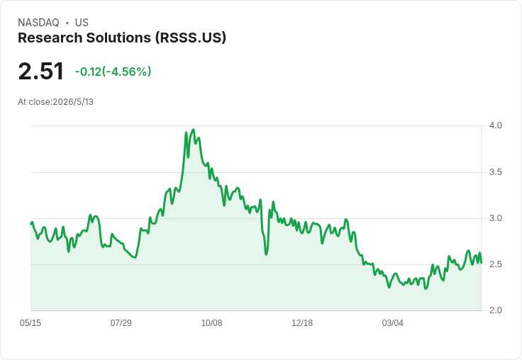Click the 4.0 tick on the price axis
[x=495, y=125]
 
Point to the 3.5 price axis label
[x=495, y=172]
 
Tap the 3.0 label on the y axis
[x=495, y=218]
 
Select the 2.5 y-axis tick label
[x=495, y=264]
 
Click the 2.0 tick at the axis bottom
[x=495, y=310]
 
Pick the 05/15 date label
[x=30, y=322]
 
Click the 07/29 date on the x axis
[x=121, y=322]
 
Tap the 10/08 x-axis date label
[x=211, y=322]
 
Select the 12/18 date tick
[x=302, y=322]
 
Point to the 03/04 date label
[x=392, y=322]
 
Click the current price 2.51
[x=40, y=71]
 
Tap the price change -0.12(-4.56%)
[x=113, y=72]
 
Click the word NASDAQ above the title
[x=38, y=23]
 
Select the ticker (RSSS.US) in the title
[x=190, y=38]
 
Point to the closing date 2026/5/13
[x=73, y=102]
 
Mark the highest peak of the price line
[x=194, y=130]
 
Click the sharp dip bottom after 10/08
[x=267, y=254]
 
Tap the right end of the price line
[x=481, y=263]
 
